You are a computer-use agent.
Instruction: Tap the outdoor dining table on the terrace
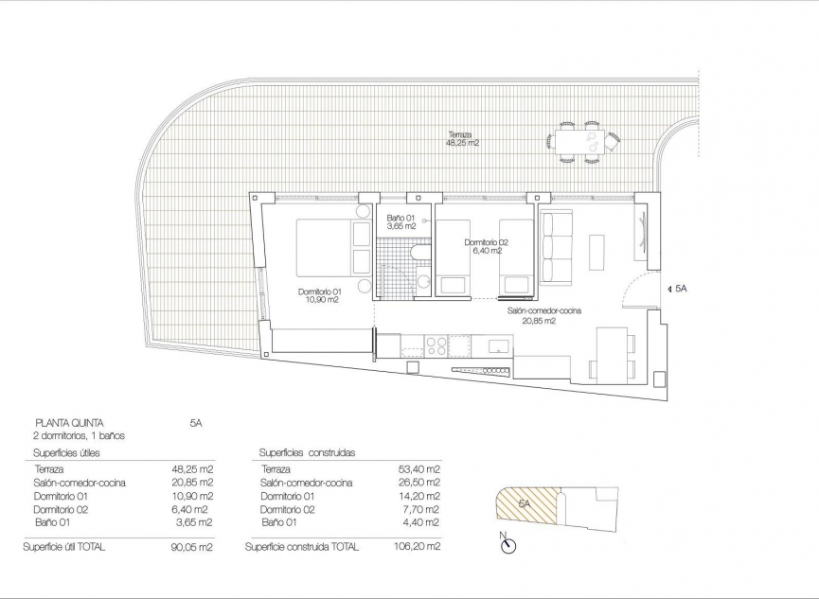click(581, 143)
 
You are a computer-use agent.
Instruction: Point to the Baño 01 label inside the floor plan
click(401, 222)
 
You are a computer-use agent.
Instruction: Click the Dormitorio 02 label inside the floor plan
click(487, 247)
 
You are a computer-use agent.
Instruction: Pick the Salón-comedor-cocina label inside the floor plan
click(543, 315)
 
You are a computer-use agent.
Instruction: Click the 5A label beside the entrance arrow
click(680, 289)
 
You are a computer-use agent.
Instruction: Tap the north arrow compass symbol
click(507, 542)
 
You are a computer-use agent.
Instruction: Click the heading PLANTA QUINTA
click(69, 423)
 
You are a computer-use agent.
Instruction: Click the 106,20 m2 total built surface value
click(417, 547)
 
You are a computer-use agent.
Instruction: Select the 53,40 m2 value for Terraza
click(419, 469)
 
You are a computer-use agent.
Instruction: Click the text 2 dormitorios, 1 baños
click(79, 436)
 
